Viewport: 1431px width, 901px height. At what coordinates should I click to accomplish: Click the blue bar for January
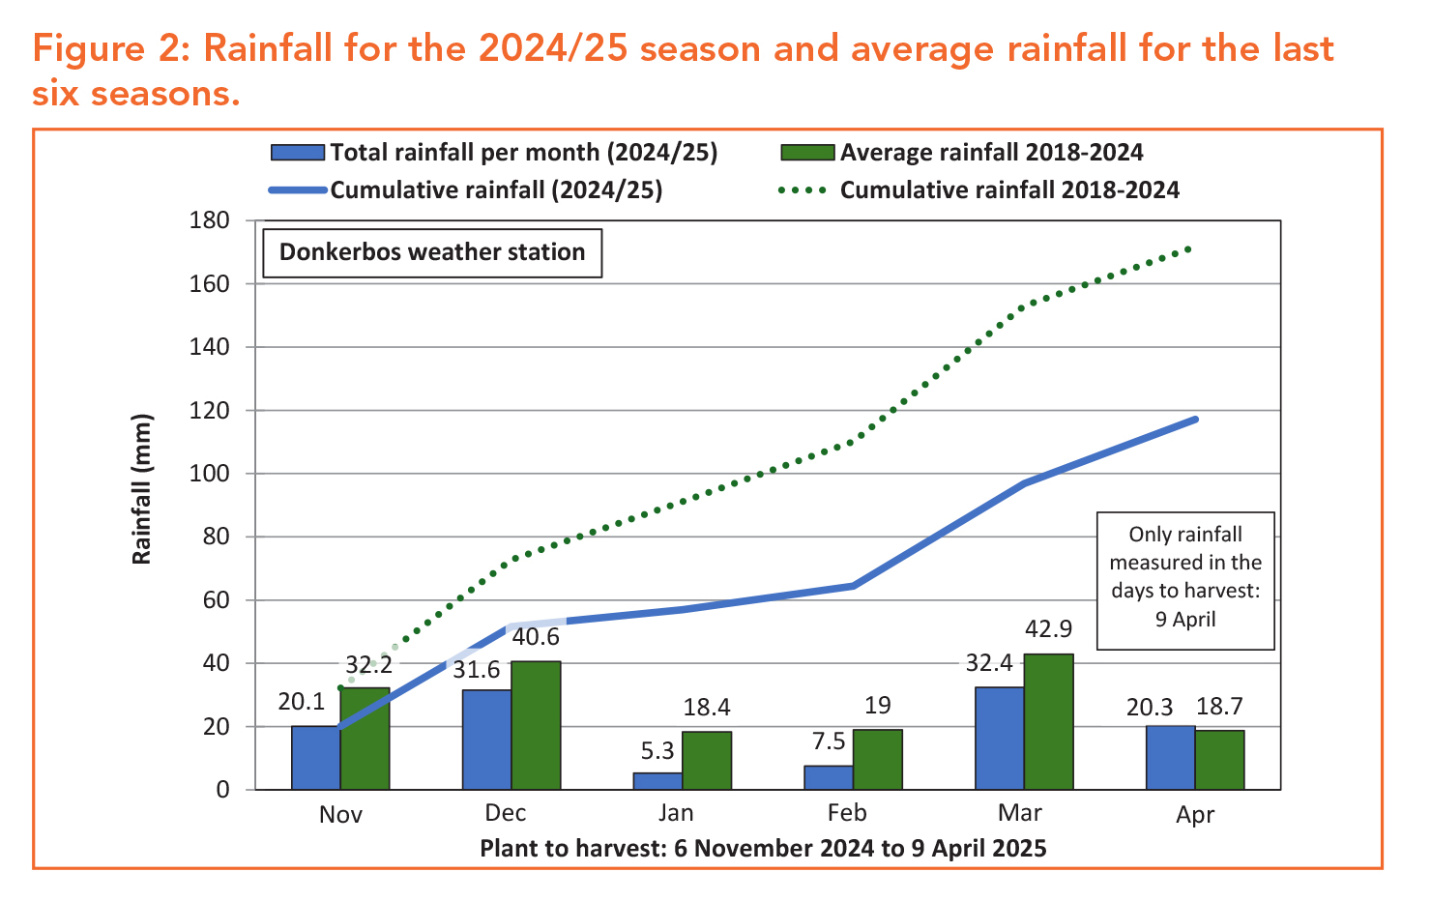pyautogui.click(x=657, y=780)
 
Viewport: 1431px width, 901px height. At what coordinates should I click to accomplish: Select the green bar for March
pyautogui.click(x=1048, y=722)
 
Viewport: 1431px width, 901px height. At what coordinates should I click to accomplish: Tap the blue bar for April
pyautogui.click(x=1170, y=758)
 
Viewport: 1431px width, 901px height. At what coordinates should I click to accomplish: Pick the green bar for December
pyautogui.click(x=536, y=725)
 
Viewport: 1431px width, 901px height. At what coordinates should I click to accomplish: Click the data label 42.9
pyautogui.click(x=1049, y=629)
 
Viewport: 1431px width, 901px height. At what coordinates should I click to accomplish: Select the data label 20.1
pyautogui.click(x=302, y=702)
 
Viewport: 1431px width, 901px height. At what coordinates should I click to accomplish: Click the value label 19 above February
pyautogui.click(x=877, y=706)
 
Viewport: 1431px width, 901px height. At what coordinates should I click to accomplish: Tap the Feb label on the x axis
pyautogui.click(x=847, y=813)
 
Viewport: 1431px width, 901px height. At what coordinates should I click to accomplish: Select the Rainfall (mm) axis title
pyautogui.click(x=143, y=489)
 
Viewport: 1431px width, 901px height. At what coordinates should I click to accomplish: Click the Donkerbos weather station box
pyautogui.click(x=432, y=252)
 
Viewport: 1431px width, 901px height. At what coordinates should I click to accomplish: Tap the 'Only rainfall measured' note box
pyautogui.click(x=1185, y=576)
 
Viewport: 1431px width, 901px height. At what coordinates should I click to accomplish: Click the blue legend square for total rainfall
pyautogui.click(x=297, y=153)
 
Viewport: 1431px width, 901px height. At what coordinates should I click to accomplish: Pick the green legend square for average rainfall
pyautogui.click(x=806, y=153)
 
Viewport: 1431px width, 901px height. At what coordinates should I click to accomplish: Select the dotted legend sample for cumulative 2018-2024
pyautogui.click(x=803, y=190)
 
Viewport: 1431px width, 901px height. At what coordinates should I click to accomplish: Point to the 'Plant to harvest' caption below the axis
pyautogui.click(x=763, y=849)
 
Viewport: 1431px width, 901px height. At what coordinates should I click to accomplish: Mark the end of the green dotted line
pyautogui.click(x=1188, y=248)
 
